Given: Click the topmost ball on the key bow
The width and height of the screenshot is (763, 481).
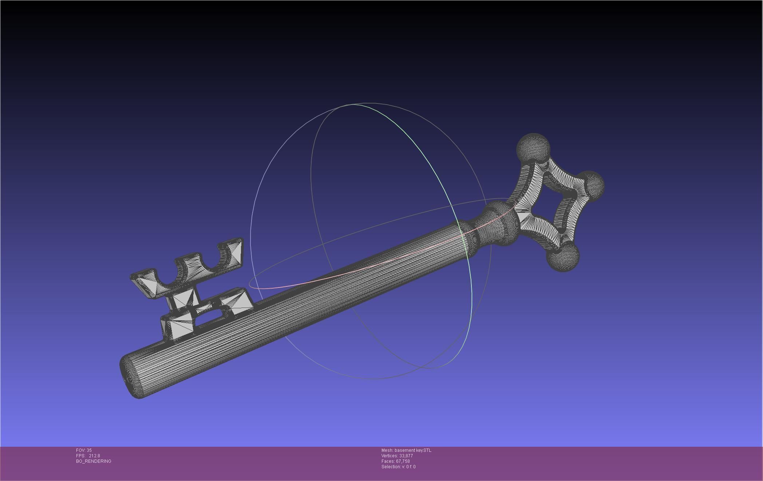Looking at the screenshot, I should (533, 148).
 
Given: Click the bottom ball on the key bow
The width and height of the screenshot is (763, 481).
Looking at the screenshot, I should (563, 257).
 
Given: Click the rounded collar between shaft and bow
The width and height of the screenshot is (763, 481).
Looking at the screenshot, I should (502, 223).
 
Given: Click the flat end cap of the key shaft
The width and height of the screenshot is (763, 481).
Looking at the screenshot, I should (128, 377).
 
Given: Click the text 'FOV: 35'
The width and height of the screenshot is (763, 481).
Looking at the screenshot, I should (84, 450).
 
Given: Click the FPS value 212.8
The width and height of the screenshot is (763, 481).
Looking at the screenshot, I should (94, 456).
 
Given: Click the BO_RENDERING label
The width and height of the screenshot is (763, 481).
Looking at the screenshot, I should (94, 461).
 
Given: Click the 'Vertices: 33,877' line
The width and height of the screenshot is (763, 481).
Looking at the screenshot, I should (397, 456).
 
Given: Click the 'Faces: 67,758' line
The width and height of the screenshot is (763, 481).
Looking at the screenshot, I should (396, 461).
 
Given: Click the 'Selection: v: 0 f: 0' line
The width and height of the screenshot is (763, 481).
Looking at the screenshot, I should (398, 467).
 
